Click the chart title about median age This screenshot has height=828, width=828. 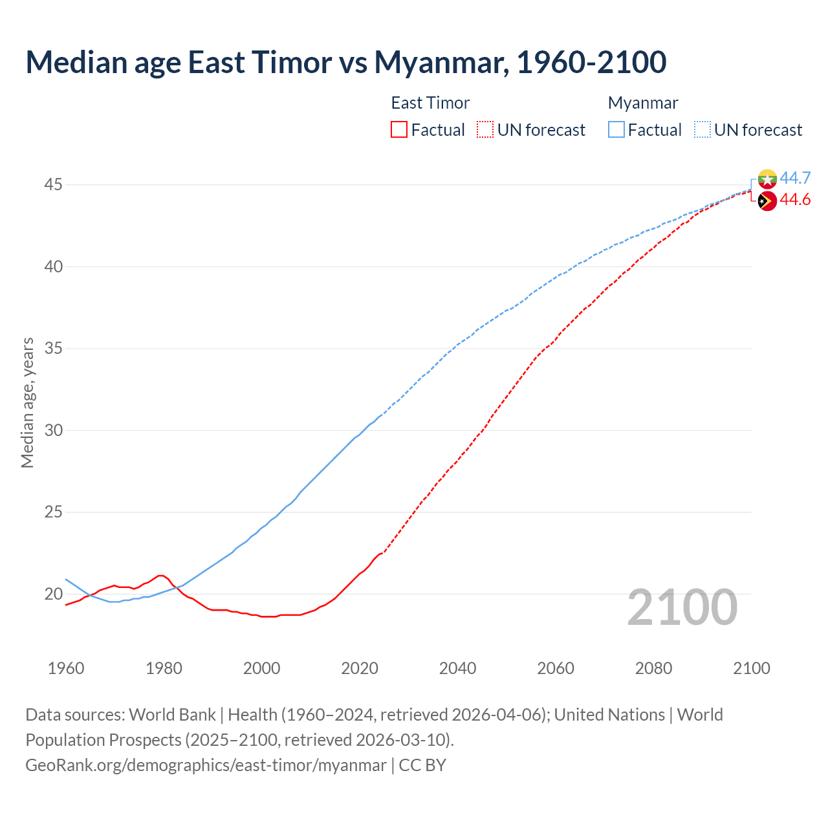pyautogui.click(x=345, y=62)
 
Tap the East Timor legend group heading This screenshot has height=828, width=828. pyautogui.click(x=430, y=103)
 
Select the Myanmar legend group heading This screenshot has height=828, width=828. pyautogui.click(x=643, y=103)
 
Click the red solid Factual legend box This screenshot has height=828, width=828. pyautogui.click(x=399, y=130)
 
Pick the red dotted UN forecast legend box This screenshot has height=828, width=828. pyautogui.click(x=485, y=130)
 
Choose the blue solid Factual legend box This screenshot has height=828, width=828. pyautogui.click(x=616, y=130)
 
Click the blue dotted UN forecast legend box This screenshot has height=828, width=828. pyautogui.click(x=702, y=130)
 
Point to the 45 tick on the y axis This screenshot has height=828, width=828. pyautogui.click(x=53, y=185)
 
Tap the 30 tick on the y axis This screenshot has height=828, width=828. pyautogui.click(x=53, y=430)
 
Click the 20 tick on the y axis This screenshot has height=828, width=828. pyautogui.click(x=53, y=594)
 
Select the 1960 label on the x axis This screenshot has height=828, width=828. pyautogui.click(x=66, y=668)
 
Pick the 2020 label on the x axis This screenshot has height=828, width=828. pyautogui.click(x=360, y=668)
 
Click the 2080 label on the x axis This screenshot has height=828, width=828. pyautogui.click(x=653, y=668)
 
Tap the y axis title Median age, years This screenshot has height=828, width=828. pyautogui.click(x=27, y=402)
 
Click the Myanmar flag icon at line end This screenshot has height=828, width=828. pyautogui.click(x=767, y=179)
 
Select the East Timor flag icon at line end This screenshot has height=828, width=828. pyautogui.click(x=767, y=201)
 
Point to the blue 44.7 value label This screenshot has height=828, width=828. pyautogui.click(x=795, y=178)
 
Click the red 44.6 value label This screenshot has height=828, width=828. pyautogui.click(x=795, y=200)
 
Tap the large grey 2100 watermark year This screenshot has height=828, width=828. pyautogui.click(x=682, y=607)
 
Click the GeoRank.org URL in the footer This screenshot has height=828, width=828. pyautogui.click(x=206, y=765)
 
